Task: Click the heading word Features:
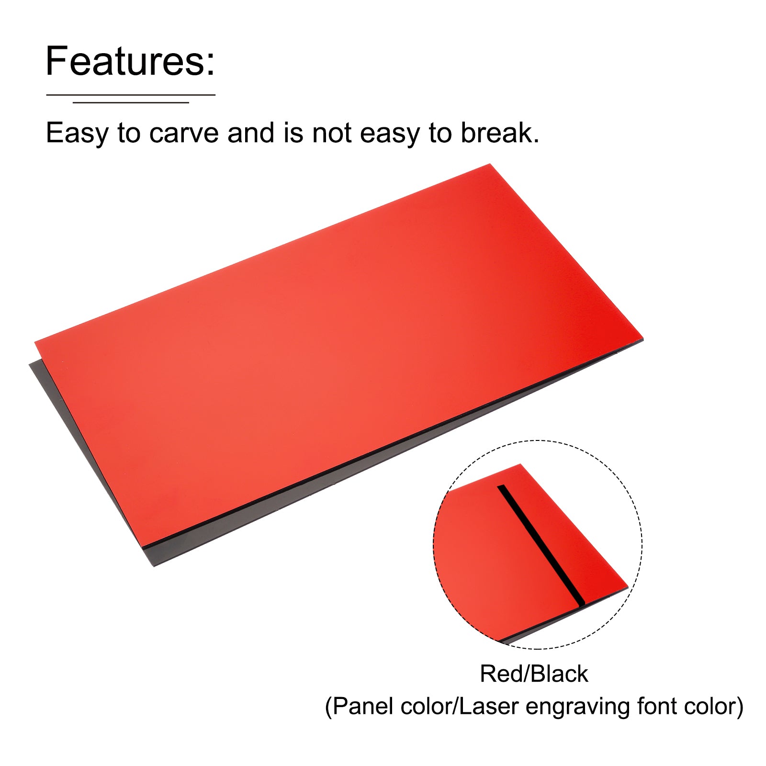130,61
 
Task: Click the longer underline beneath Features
130,95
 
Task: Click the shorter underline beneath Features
131,102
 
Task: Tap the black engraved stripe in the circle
541,544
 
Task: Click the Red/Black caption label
534,674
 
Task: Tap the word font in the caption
656,706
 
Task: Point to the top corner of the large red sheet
490,164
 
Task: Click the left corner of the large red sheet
35,342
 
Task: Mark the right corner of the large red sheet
643,339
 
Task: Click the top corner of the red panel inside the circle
520,464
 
